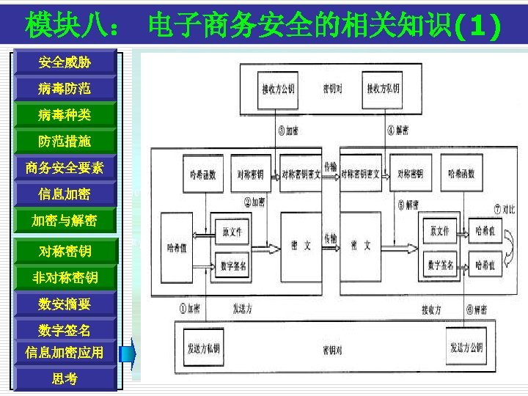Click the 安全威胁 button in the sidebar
65,62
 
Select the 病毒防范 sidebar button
65,89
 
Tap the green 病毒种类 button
65,115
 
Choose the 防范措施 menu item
65,141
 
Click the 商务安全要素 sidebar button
65,168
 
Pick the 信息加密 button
65,194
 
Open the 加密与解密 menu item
65,220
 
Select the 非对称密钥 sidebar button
65,278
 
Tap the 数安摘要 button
65,304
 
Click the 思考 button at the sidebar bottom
65,379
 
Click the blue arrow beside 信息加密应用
128,353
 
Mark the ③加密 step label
287,131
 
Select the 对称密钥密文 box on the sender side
301,175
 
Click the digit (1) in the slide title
478,27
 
